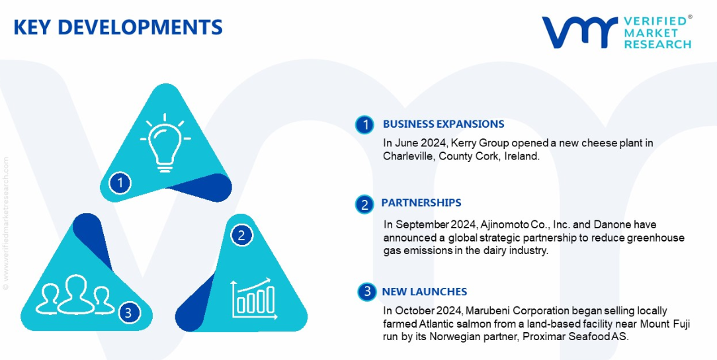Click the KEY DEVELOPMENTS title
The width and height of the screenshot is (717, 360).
coord(118,27)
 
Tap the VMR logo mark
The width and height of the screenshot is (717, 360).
coord(580,32)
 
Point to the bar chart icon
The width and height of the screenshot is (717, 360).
coord(254,299)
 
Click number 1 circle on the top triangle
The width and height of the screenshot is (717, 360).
coord(120,183)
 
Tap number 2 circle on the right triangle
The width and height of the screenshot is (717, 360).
coord(242,235)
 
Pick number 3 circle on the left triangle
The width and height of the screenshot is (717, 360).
coord(128,313)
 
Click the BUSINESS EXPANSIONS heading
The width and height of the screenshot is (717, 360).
coord(444,124)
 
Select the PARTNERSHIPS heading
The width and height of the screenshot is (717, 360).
coord(421,202)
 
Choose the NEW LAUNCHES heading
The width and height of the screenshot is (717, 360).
coord(425,291)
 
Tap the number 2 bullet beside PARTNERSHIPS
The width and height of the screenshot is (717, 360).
coord(364,204)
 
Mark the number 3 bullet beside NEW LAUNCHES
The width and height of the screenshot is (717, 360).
coord(366,292)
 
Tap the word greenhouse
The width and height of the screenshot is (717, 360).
coord(661,238)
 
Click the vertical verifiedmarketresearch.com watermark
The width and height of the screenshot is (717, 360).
coord(5,223)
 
